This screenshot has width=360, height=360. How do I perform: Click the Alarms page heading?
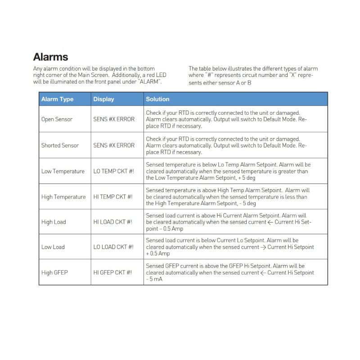tap(50, 57)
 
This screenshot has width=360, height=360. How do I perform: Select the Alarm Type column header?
tap(57, 99)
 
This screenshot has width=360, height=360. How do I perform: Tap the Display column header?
tap(103, 99)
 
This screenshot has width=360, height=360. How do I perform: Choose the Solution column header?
tap(157, 99)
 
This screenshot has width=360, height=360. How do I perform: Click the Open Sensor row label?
tap(57, 119)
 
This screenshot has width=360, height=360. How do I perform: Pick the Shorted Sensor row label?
tap(60, 145)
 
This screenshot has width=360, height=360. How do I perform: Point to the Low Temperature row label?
tap(63, 171)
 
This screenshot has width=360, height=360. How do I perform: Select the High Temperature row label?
tap(63, 197)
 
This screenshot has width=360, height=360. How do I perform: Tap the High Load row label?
tap(54, 222)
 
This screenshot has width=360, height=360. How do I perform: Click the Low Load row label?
tap(53, 247)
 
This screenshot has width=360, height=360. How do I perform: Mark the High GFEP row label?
tap(54, 272)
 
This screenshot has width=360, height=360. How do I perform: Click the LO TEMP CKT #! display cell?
tap(113, 171)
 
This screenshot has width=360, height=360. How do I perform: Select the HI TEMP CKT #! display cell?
tap(112, 197)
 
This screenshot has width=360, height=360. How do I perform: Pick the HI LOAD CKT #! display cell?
tap(112, 222)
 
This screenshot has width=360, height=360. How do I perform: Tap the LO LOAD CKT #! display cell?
tap(113, 247)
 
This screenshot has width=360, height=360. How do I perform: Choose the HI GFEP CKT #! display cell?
tap(112, 272)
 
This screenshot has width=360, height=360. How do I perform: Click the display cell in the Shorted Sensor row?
tap(114, 145)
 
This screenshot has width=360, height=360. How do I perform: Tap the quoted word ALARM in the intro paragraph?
tap(148, 82)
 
